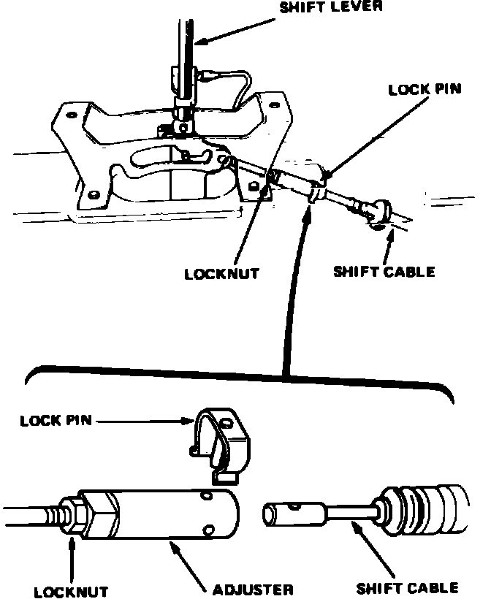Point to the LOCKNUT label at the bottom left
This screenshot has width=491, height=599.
[x=70, y=590]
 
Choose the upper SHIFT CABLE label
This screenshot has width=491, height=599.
[x=384, y=272]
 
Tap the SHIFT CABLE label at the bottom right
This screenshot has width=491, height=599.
[x=407, y=587]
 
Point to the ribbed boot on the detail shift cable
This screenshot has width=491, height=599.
[x=424, y=507]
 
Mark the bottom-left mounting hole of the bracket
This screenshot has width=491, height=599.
[x=93, y=194]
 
